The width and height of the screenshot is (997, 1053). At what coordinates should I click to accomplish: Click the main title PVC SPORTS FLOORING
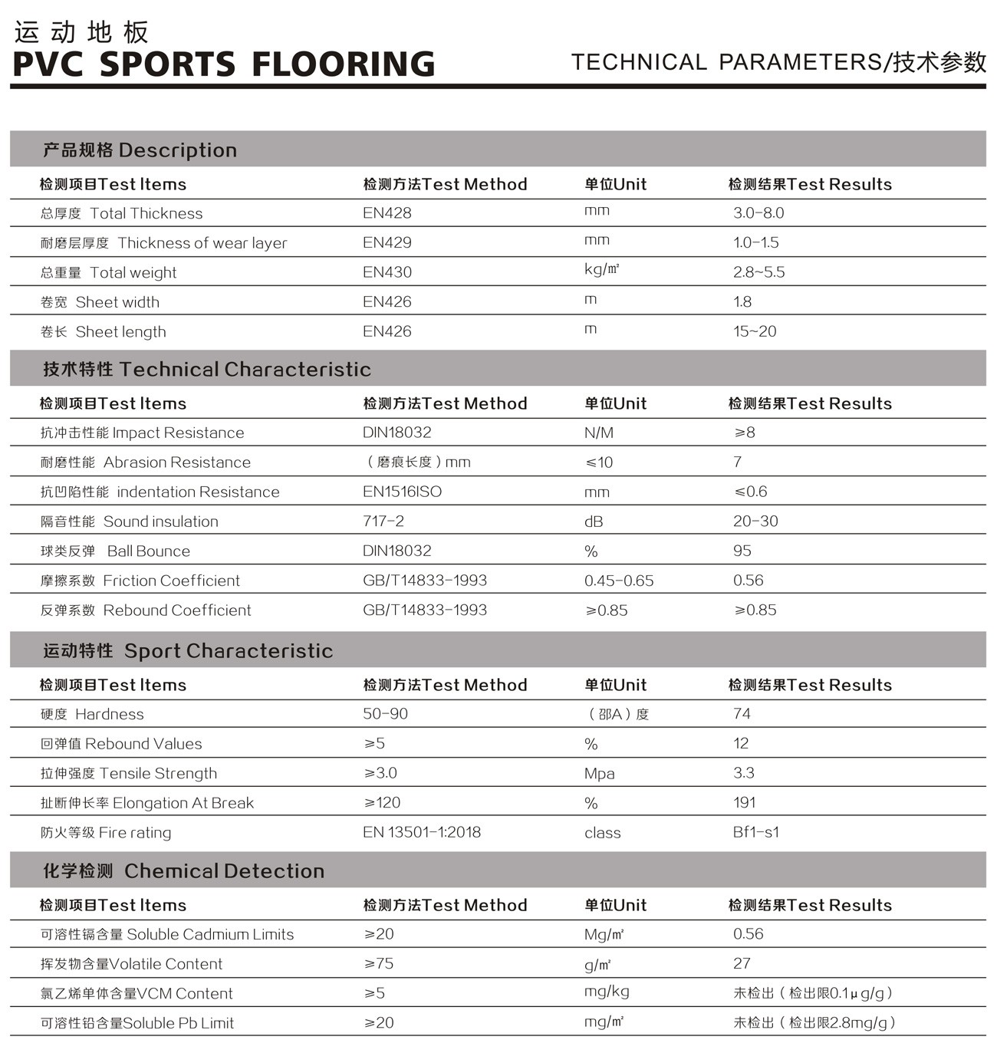(x=224, y=64)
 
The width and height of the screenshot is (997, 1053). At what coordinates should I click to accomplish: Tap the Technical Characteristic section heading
(x=207, y=369)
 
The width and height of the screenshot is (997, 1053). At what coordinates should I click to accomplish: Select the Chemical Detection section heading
(x=184, y=870)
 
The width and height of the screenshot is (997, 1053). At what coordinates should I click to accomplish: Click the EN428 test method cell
(x=387, y=213)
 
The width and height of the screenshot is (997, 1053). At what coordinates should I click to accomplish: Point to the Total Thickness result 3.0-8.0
(x=758, y=213)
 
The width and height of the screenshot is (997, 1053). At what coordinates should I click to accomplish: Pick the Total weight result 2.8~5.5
(x=758, y=272)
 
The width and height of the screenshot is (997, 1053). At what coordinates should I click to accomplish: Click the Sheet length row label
(x=104, y=331)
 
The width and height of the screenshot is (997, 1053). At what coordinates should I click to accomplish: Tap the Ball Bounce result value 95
(x=742, y=551)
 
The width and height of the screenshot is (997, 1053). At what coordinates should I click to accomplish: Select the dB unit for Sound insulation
(x=594, y=522)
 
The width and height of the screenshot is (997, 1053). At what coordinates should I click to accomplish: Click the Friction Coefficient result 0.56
(x=748, y=581)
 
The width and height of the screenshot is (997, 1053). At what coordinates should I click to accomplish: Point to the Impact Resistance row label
(x=142, y=433)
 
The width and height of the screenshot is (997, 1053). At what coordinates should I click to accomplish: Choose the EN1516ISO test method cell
(x=402, y=492)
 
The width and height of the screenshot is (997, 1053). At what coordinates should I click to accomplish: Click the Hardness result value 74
(x=742, y=714)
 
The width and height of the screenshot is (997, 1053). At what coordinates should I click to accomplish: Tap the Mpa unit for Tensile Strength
(x=599, y=773)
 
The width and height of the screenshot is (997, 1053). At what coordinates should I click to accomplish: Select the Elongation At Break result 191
(x=744, y=803)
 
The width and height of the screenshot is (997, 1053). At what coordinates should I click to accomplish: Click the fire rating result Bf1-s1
(x=755, y=832)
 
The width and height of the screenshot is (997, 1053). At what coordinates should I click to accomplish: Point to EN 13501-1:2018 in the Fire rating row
(x=422, y=832)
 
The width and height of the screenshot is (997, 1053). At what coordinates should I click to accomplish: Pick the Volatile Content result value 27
(x=742, y=964)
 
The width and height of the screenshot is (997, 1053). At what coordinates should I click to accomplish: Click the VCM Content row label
(x=137, y=993)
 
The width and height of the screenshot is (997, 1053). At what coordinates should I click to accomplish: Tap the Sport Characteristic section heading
(x=189, y=650)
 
